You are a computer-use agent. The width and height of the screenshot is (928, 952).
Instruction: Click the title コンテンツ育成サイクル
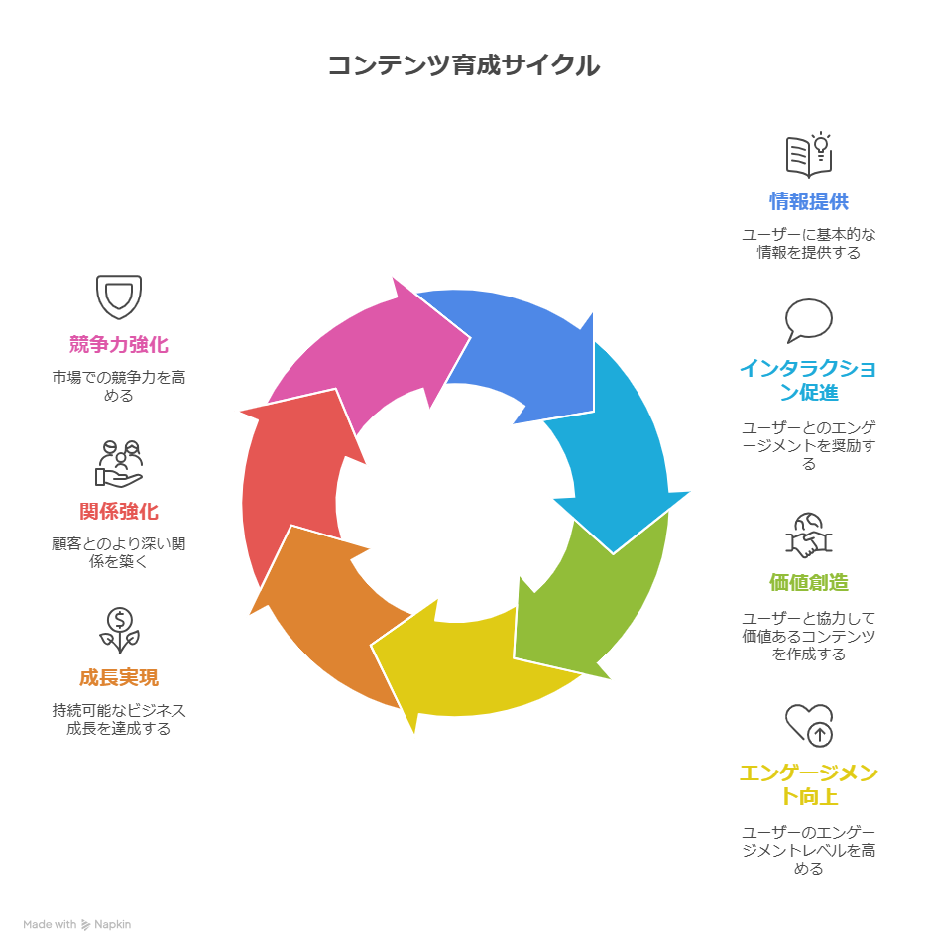click(x=463, y=65)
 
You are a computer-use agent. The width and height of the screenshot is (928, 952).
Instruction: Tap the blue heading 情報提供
click(x=809, y=202)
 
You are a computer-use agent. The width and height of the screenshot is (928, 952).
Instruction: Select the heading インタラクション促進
click(x=809, y=381)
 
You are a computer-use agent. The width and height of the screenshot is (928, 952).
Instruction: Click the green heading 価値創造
click(x=809, y=583)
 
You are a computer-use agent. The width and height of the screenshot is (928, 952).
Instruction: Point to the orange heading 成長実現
click(x=119, y=678)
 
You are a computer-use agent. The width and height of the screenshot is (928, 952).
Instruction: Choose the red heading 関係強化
click(x=119, y=512)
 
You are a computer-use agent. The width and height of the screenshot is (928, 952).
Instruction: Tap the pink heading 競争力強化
click(x=119, y=345)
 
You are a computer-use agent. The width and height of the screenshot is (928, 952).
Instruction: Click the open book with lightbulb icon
click(x=809, y=155)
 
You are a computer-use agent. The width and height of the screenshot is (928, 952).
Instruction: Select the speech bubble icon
click(x=809, y=320)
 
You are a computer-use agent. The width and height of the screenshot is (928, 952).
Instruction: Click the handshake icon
click(x=809, y=535)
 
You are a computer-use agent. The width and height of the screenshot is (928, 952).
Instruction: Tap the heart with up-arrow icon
click(x=809, y=725)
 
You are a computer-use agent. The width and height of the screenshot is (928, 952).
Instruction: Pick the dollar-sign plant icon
click(x=119, y=631)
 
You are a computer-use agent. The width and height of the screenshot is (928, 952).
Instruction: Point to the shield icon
click(x=119, y=297)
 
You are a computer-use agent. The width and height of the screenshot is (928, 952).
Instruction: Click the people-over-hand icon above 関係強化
click(x=119, y=463)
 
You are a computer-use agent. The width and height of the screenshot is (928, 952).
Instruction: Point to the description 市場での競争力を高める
click(x=119, y=386)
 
